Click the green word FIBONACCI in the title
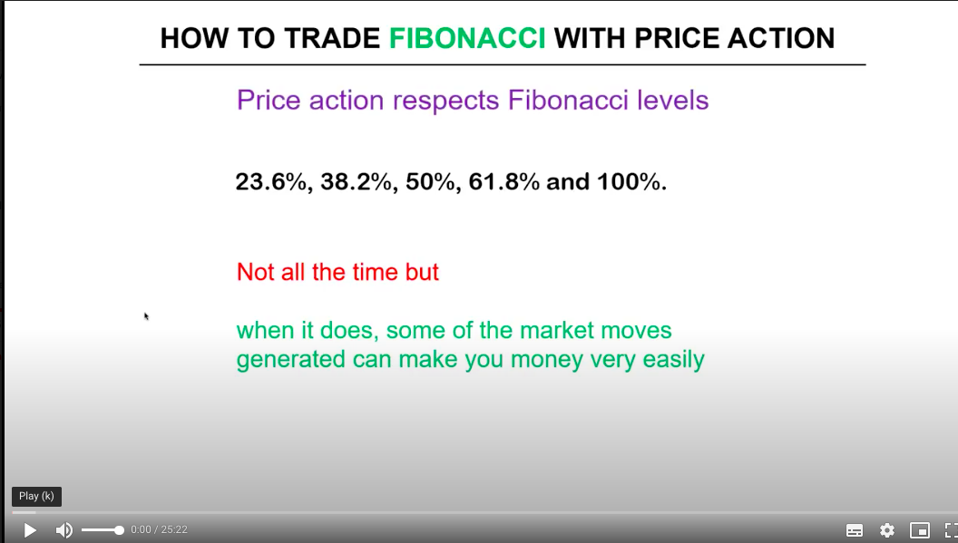(x=467, y=38)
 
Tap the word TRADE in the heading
(x=332, y=38)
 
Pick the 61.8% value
(x=504, y=182)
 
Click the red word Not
(x=256, y=272)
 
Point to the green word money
(x=547, y=360)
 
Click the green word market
(x=557, y=331)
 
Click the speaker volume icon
(x=64, y=529)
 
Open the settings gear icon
(x=887, y=529)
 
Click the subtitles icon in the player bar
(x=855, y=530)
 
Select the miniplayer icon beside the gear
(x=920, y=530)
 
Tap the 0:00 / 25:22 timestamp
(x=159, y=529)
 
